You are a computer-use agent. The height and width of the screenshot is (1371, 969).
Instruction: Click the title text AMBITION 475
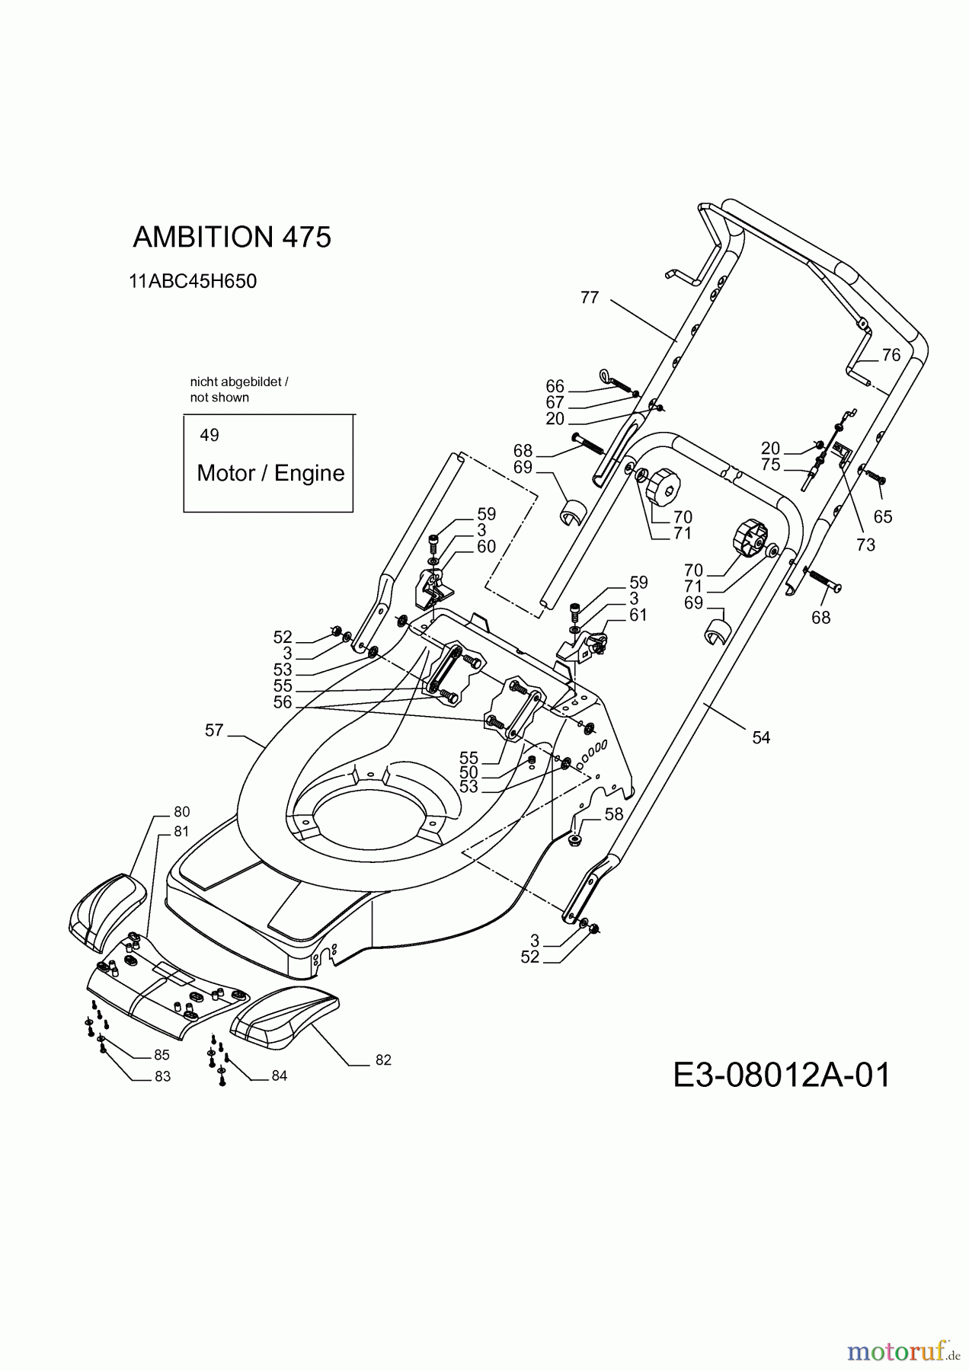click(232, 238)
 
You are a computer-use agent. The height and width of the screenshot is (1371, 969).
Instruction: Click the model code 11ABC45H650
click(193, 281)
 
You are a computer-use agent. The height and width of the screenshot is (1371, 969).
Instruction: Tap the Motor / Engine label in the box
click(270, 473)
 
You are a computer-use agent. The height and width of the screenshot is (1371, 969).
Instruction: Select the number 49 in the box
click(209, 435)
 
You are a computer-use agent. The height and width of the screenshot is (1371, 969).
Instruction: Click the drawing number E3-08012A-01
click(782, 1076)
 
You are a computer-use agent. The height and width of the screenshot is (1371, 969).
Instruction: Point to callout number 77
click(590, 298)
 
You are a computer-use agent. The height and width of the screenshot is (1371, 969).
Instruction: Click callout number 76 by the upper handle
click(891, 355)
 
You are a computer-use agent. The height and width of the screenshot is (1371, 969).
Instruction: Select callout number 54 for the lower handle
click(761, 737)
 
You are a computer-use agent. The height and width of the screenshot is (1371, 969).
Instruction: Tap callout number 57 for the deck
click(214, 730)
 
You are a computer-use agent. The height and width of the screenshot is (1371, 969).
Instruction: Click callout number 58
click(614, 814)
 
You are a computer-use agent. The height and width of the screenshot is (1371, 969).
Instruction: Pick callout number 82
click(382, 1059)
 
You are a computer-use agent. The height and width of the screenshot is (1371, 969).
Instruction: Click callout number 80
click(181, 812)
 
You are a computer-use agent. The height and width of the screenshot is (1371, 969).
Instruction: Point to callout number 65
click(882, 517)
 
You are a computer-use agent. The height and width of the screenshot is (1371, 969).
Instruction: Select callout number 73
click(865, 545)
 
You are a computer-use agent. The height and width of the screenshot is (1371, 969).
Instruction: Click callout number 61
click(638, 615)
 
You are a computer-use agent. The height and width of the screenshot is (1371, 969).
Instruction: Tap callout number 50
click(469, 772)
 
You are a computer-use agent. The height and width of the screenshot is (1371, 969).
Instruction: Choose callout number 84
click(279, 1076)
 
